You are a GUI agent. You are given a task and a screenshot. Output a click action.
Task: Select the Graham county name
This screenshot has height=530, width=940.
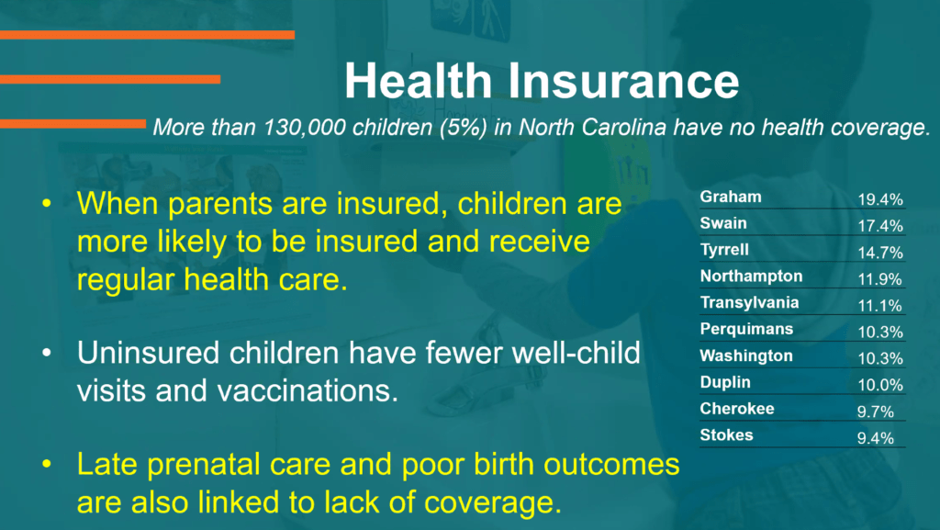730,197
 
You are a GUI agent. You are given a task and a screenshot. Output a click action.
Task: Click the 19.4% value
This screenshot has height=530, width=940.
880,199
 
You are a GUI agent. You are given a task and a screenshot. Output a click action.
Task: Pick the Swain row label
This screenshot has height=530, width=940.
723,223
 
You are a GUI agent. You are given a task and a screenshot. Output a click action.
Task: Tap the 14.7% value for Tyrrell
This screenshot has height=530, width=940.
880,253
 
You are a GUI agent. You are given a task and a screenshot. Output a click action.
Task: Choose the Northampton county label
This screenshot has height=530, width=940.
751,276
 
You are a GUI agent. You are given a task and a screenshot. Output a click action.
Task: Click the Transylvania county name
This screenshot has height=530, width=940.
749,303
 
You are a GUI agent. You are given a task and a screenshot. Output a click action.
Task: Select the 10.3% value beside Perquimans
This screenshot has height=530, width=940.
880,332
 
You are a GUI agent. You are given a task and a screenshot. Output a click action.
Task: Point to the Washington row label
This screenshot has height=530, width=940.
746,356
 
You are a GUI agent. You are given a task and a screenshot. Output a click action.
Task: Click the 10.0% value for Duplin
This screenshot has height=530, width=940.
880,385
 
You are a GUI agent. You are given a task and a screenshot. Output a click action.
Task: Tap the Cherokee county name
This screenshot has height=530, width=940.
737,408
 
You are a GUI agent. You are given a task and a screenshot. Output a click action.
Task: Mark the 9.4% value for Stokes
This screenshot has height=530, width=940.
875,437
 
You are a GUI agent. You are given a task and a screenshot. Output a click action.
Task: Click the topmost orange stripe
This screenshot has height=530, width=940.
147,35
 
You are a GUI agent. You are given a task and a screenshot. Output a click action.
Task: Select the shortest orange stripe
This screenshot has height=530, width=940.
73,124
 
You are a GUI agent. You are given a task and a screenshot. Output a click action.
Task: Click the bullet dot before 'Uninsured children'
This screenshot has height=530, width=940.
47,353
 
